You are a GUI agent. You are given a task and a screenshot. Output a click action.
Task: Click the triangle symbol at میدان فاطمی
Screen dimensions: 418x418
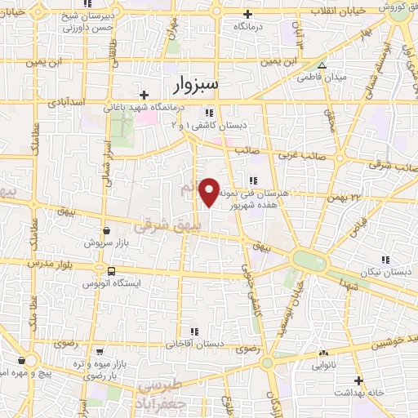[322, 66]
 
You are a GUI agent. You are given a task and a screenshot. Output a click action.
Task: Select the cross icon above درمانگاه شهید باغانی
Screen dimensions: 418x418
[144, 95]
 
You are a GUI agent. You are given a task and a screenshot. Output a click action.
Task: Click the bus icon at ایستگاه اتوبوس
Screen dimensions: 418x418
[111, 270]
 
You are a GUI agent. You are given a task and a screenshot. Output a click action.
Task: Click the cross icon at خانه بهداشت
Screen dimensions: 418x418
[356, 380]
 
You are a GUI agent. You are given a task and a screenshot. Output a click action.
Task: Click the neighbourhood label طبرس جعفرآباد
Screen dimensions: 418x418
[158, 394]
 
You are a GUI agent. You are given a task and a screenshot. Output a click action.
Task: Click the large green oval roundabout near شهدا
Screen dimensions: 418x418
[309, 262]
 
